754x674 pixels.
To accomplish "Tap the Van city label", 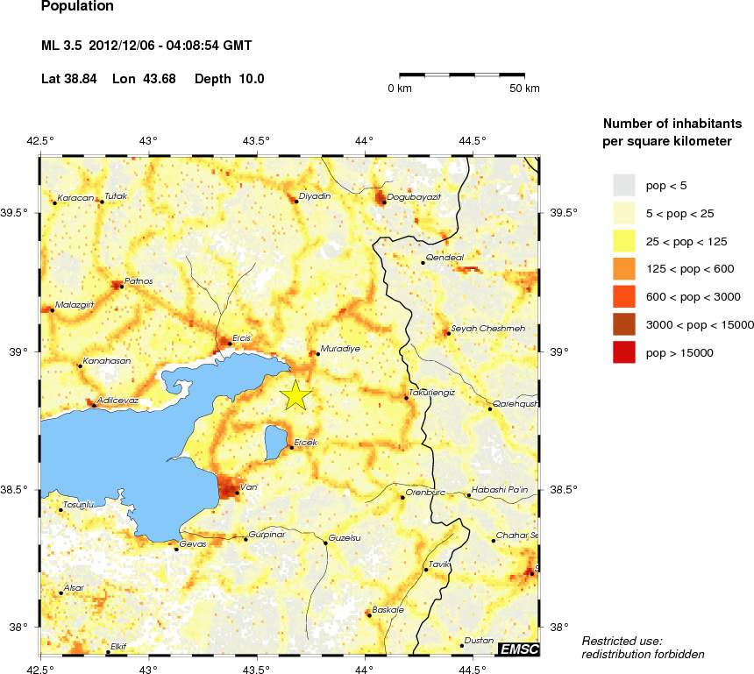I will [x=246, y=486].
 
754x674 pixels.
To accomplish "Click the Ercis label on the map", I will [x=241, y=337].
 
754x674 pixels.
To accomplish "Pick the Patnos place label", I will [x=139, y=280].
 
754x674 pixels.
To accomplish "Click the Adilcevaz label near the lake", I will [x=118, y=399].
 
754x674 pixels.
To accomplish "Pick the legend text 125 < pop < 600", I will [x=690, y=269].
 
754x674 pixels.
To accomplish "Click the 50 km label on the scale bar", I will [x=525, y=89].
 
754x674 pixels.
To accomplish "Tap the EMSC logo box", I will [x=518, y=649].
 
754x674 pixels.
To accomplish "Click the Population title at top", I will [x=77, y=7].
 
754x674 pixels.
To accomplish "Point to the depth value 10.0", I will [x=252, y=79].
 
